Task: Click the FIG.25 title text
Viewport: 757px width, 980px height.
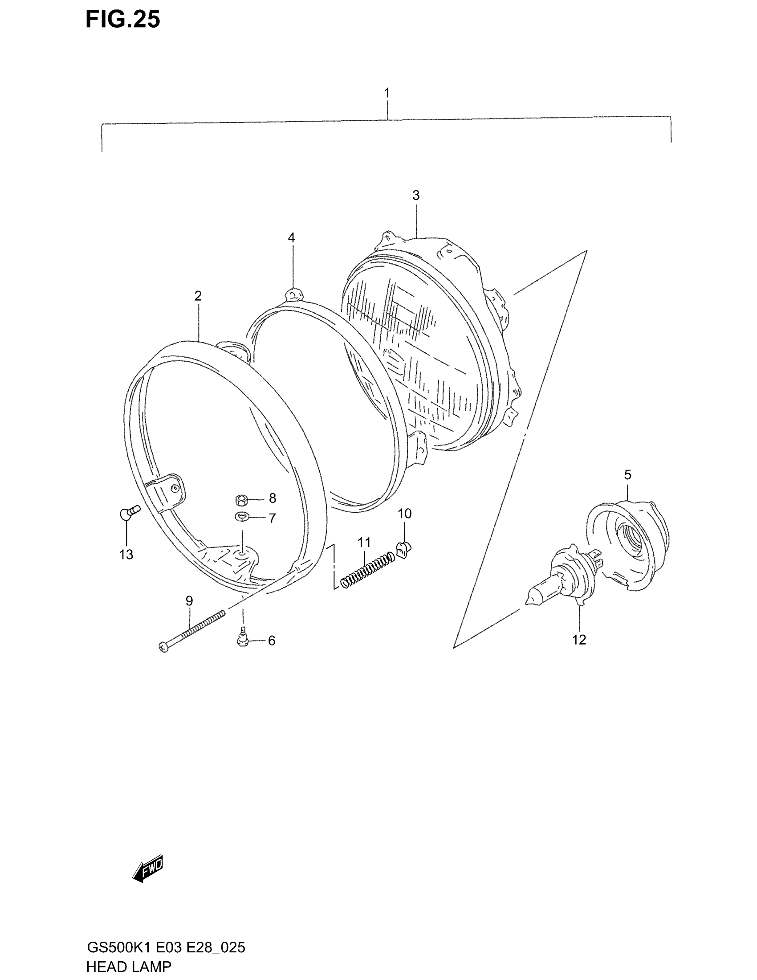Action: (x=122, y=20)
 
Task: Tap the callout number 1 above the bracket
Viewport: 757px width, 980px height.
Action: (x=387, y=93)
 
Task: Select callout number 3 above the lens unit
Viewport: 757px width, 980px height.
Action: (x=416, y=195)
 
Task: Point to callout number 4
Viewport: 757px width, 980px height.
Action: (x=292, y=238)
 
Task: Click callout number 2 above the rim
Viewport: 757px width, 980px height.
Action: (x=198, y=296)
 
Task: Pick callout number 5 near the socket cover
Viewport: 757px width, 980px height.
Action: (x=627, y=474)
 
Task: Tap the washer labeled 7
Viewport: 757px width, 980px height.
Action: (x=243, y=517)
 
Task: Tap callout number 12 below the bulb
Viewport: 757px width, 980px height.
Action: (x=579, y=640)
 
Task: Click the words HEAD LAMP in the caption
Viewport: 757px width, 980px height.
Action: (x=129, y=966)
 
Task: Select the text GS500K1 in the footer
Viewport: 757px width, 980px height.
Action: (x=118, y=947)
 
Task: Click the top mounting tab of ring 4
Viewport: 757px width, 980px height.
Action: (x=294, y=294)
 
